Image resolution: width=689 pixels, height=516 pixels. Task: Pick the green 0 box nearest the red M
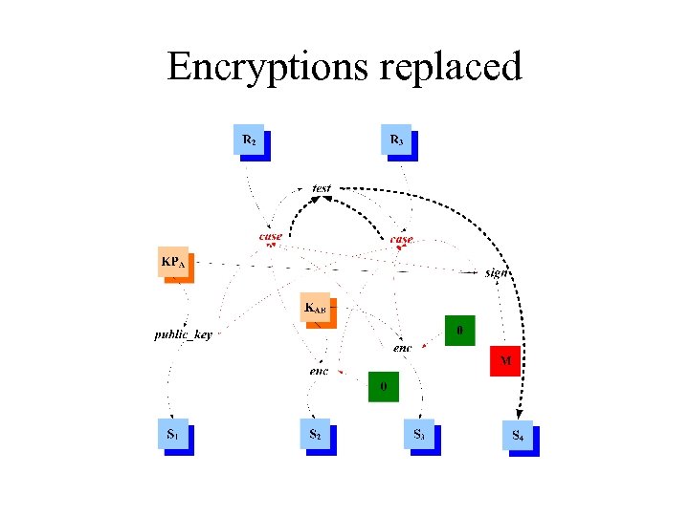point(460,331)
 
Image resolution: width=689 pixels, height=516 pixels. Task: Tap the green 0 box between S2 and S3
point(384,387)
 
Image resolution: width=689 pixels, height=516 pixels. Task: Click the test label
point(322,188)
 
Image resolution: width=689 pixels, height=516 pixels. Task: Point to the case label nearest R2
point(271,236)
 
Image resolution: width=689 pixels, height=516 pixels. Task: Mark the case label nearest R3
point(401,238)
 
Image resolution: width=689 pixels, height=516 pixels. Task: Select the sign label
point(496,272)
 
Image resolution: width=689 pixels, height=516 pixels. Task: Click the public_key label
point(184,334)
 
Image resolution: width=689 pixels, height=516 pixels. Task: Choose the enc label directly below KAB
point(319,370)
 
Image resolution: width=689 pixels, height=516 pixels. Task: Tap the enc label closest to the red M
point(402,348)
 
